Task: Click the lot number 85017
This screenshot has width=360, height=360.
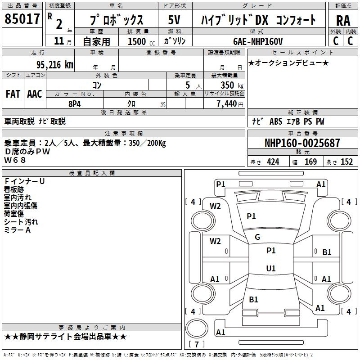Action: (x=22, y=19)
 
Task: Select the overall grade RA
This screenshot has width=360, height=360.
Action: (x=343, y=21)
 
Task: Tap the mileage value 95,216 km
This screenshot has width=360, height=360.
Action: (x=55, y=65)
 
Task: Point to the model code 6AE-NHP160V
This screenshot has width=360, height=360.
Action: (x=258, y=41)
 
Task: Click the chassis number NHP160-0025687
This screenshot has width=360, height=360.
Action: (x=302, y=143)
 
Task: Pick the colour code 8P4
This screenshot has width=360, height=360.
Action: (x=75, y=104)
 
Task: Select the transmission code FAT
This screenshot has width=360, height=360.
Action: (x=13, y=94)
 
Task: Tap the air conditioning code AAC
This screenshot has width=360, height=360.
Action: (x=35, y=94)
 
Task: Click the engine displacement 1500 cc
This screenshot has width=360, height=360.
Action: (x=141, y=41)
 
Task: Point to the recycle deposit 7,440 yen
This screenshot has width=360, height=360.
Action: (x=230, y=104)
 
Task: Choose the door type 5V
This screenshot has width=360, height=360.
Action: (x=174, y=20)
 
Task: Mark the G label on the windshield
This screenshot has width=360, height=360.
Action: (x=257, y=237)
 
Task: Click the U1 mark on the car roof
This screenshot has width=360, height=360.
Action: (x=271, y=268)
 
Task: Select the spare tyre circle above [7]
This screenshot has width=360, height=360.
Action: (x=197, y=328)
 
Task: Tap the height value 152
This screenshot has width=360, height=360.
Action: (x=346, y=162)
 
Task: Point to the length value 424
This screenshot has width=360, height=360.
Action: (x=273, y=162)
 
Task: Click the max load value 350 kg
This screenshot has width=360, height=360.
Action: (x=232, y=85)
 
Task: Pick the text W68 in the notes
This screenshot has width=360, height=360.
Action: (x=15, y=160)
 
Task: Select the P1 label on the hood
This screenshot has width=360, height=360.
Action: (x=251, y=216)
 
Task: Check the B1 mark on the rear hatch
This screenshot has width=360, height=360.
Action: (x=253, y=299)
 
